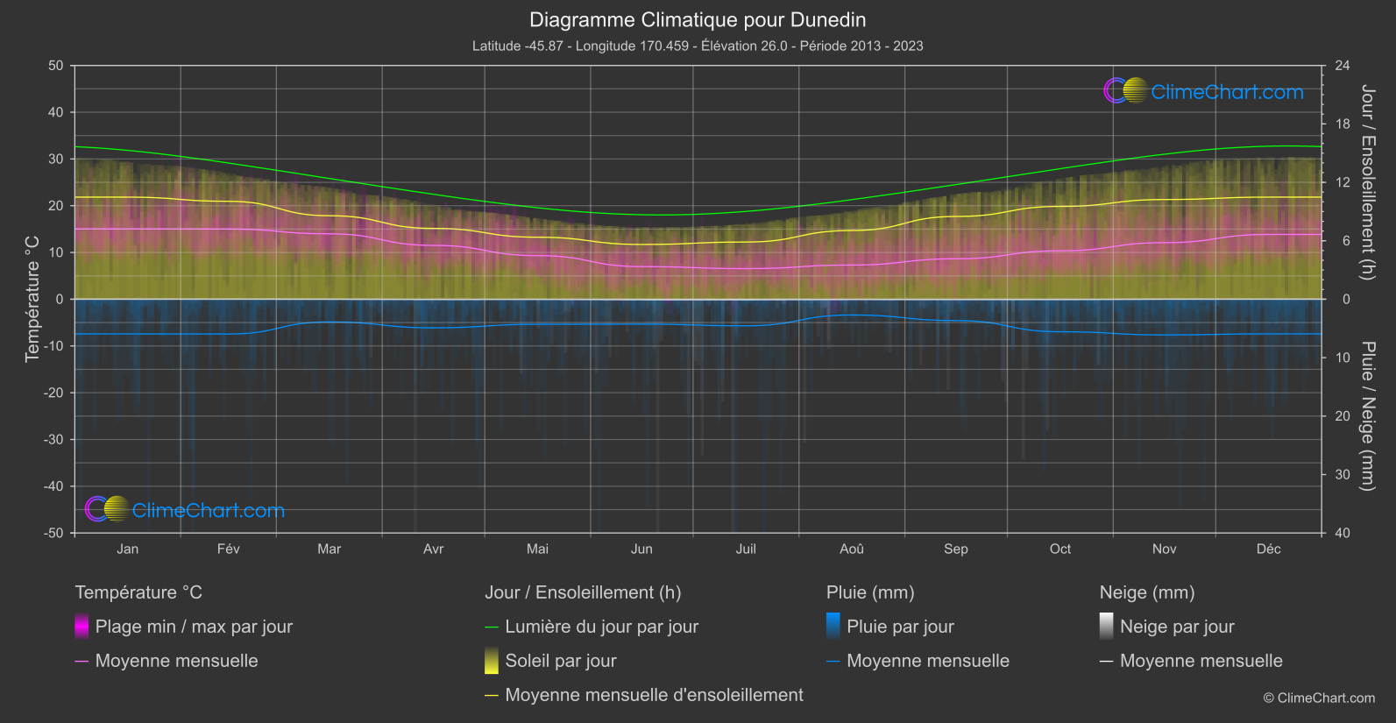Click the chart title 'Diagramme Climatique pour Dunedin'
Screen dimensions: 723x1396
pos(698,20)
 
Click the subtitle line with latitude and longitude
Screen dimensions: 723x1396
pos(698,46)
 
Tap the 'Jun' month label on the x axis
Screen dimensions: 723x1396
pos(641,549)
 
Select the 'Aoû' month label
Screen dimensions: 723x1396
pos(851,549)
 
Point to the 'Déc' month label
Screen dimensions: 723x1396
pos(1268,549)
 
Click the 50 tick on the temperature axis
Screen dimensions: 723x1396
pos(56,66)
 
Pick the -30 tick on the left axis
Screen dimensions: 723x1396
pos(54,439)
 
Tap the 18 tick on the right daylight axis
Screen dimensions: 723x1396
pos(1343,124)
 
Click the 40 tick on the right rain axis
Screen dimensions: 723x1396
pos(1343,533)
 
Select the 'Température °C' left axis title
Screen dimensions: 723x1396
pos(32,299)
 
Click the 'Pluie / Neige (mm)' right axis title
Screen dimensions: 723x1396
pos(1367,416)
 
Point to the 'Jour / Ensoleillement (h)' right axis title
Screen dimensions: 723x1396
pos(1367,182)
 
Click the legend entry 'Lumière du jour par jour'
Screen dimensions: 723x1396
pos(601,627)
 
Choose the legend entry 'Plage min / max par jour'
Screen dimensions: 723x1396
pos(194,627)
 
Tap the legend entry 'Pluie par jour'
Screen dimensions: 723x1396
pos(900,627)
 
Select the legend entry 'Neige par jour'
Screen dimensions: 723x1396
pos(1177,627)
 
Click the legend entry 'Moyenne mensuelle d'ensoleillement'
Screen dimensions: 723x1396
pos(654,695)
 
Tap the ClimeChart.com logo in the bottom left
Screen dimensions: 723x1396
pos(185,510)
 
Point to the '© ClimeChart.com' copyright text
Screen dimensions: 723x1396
pos(1319,698)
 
